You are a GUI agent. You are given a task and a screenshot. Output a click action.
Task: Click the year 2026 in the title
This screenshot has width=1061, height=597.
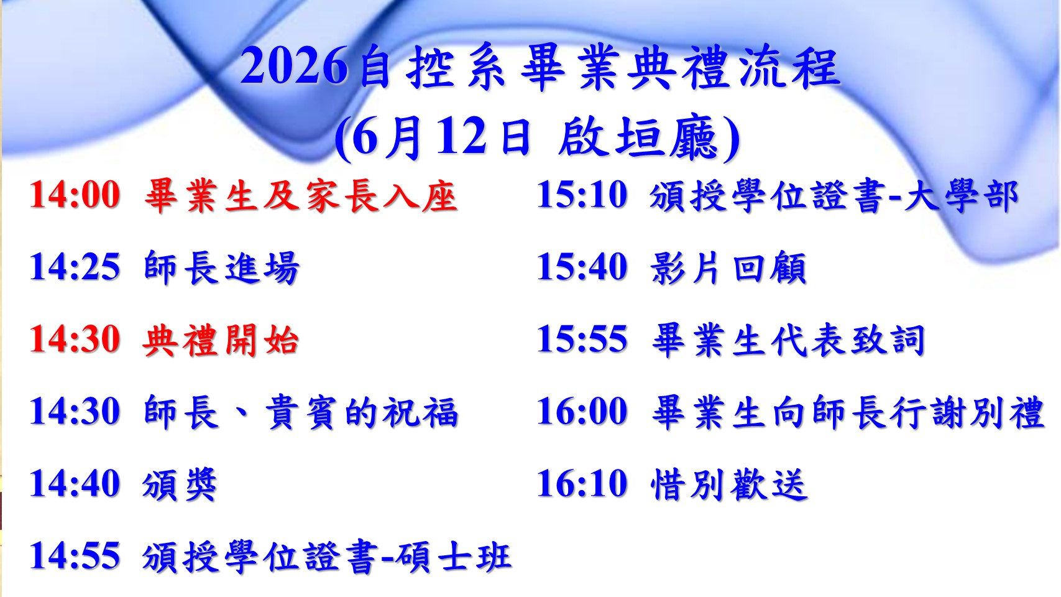293,67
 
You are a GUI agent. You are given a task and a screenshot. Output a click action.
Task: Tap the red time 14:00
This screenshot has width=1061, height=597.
75,195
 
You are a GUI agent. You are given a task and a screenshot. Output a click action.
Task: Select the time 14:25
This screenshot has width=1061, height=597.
75,267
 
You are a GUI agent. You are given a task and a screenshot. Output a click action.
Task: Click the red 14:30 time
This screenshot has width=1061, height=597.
75,340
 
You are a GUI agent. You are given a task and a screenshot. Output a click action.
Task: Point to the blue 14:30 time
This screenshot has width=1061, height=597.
75,412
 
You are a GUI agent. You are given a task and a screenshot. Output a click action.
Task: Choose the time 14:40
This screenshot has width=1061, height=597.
75,484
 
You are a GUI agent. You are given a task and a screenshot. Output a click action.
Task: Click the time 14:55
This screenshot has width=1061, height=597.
75,556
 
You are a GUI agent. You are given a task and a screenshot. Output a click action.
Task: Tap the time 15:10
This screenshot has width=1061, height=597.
582,195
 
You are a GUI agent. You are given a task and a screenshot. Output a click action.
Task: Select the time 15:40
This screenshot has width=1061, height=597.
582,267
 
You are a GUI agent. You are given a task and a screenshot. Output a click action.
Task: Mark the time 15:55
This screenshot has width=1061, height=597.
582,340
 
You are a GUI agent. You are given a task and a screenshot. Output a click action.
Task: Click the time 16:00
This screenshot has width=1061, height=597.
582,412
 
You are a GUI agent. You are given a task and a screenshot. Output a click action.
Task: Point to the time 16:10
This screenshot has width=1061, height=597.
582,484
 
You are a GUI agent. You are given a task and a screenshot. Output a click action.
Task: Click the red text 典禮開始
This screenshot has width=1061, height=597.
221,340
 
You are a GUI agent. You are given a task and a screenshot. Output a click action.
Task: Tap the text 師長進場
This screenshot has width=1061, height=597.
221,267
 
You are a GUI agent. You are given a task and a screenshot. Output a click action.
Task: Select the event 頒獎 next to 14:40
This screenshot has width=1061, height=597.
180,484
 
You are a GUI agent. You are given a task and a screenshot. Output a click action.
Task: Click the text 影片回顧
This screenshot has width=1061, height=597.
728,267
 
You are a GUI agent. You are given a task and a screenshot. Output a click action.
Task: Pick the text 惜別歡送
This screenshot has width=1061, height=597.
729,484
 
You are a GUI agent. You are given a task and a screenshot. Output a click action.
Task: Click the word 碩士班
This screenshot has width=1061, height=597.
453,557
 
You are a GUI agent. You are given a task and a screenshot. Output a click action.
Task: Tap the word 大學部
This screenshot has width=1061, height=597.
961,196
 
